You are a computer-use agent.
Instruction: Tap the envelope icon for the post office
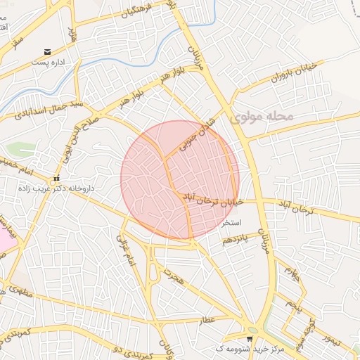coord(47,52)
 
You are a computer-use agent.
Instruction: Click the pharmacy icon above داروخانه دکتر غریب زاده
coord(56,178)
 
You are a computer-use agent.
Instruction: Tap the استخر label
coord(231,222)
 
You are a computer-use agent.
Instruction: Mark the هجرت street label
coord(172,277)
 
